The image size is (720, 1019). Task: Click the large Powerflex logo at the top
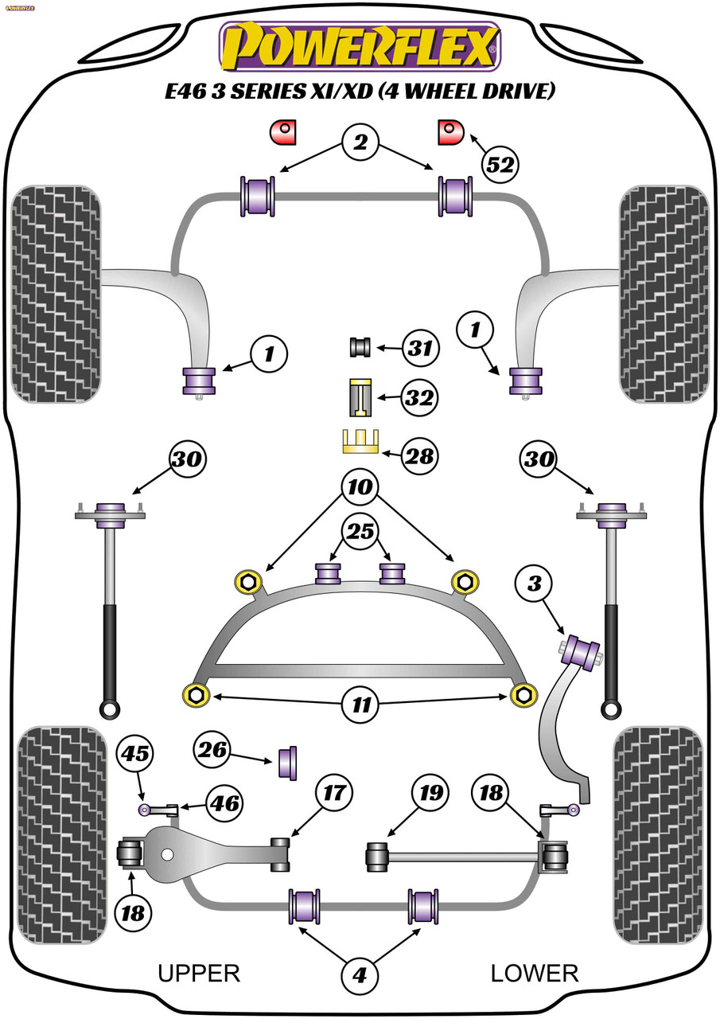360,47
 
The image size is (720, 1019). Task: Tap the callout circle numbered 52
500,165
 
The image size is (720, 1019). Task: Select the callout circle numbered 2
360,143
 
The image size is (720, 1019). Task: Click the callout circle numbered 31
420,349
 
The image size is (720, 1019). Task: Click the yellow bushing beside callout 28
360,441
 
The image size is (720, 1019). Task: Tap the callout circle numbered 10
360,487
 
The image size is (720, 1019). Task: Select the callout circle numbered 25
360,531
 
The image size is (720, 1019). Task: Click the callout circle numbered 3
535,584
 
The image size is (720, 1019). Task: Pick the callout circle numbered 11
360,705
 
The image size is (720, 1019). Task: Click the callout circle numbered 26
212,750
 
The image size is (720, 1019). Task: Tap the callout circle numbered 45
135,754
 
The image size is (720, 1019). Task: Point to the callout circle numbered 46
225,803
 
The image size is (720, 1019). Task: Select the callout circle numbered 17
334,792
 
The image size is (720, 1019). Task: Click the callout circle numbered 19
430,792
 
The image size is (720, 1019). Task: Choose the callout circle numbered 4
360,975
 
